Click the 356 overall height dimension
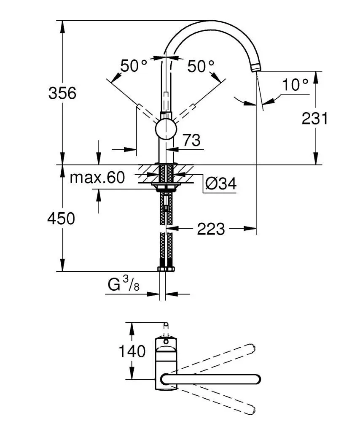[62, 93]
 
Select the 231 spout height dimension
[314, 119]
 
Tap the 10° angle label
[295, 85]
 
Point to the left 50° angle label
[134, 66]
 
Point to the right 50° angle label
[201, 66]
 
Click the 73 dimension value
[191, 140]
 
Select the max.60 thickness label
[97, 178]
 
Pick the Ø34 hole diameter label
[221, 184]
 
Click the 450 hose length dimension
[61, 219]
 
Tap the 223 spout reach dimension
[211, 229]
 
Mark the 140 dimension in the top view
[132, 351]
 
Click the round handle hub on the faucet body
[165, 129]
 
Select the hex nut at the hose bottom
[165, 269]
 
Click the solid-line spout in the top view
[211, 379]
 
